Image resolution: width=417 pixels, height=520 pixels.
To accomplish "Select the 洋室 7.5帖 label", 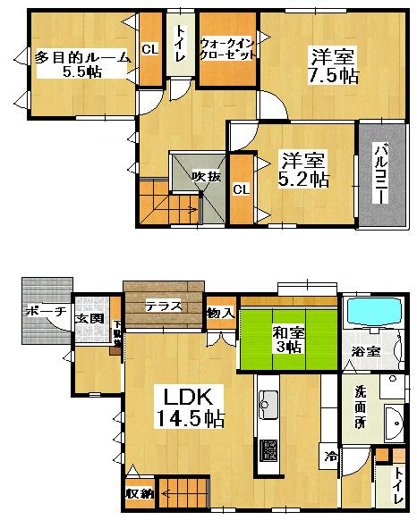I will click(x=334, y=64).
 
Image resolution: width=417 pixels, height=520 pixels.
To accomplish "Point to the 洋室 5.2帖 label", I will click(x=304, y=170).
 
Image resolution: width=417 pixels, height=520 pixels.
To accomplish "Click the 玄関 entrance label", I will click(x=89, y=318).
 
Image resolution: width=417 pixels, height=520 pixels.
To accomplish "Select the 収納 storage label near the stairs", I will click(x=140, y=492).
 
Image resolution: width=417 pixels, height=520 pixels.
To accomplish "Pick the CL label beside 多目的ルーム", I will click(x=150, y=49).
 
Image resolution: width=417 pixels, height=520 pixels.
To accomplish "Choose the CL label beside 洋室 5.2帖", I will click(x=241, y=189).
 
